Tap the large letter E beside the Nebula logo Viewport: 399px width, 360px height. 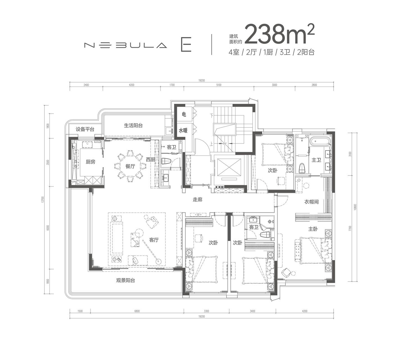pos(186,44)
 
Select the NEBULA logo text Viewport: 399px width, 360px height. pos(126,45)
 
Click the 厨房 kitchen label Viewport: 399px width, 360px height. pos(90,162)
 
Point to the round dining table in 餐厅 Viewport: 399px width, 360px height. pos(130,166)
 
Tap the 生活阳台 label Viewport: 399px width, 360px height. pos(133,125)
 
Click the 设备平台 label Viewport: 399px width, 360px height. pos(85,129)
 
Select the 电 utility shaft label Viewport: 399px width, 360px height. pos(184,114)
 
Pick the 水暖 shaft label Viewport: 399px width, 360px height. pos(183,130)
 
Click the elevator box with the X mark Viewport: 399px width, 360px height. pos(228,167)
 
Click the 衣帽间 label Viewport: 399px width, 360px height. pos(312,202)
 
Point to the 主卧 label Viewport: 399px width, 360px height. pos(313,229)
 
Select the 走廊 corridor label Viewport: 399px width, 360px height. pos(197,199)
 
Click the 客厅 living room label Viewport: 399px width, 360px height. pos(154,240)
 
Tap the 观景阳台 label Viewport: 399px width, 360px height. pos(126,280)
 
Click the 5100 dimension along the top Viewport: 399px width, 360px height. pos(219,85)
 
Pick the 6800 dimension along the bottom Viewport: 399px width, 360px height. pos(137,311)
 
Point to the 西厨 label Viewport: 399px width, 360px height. pos(150,159)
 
